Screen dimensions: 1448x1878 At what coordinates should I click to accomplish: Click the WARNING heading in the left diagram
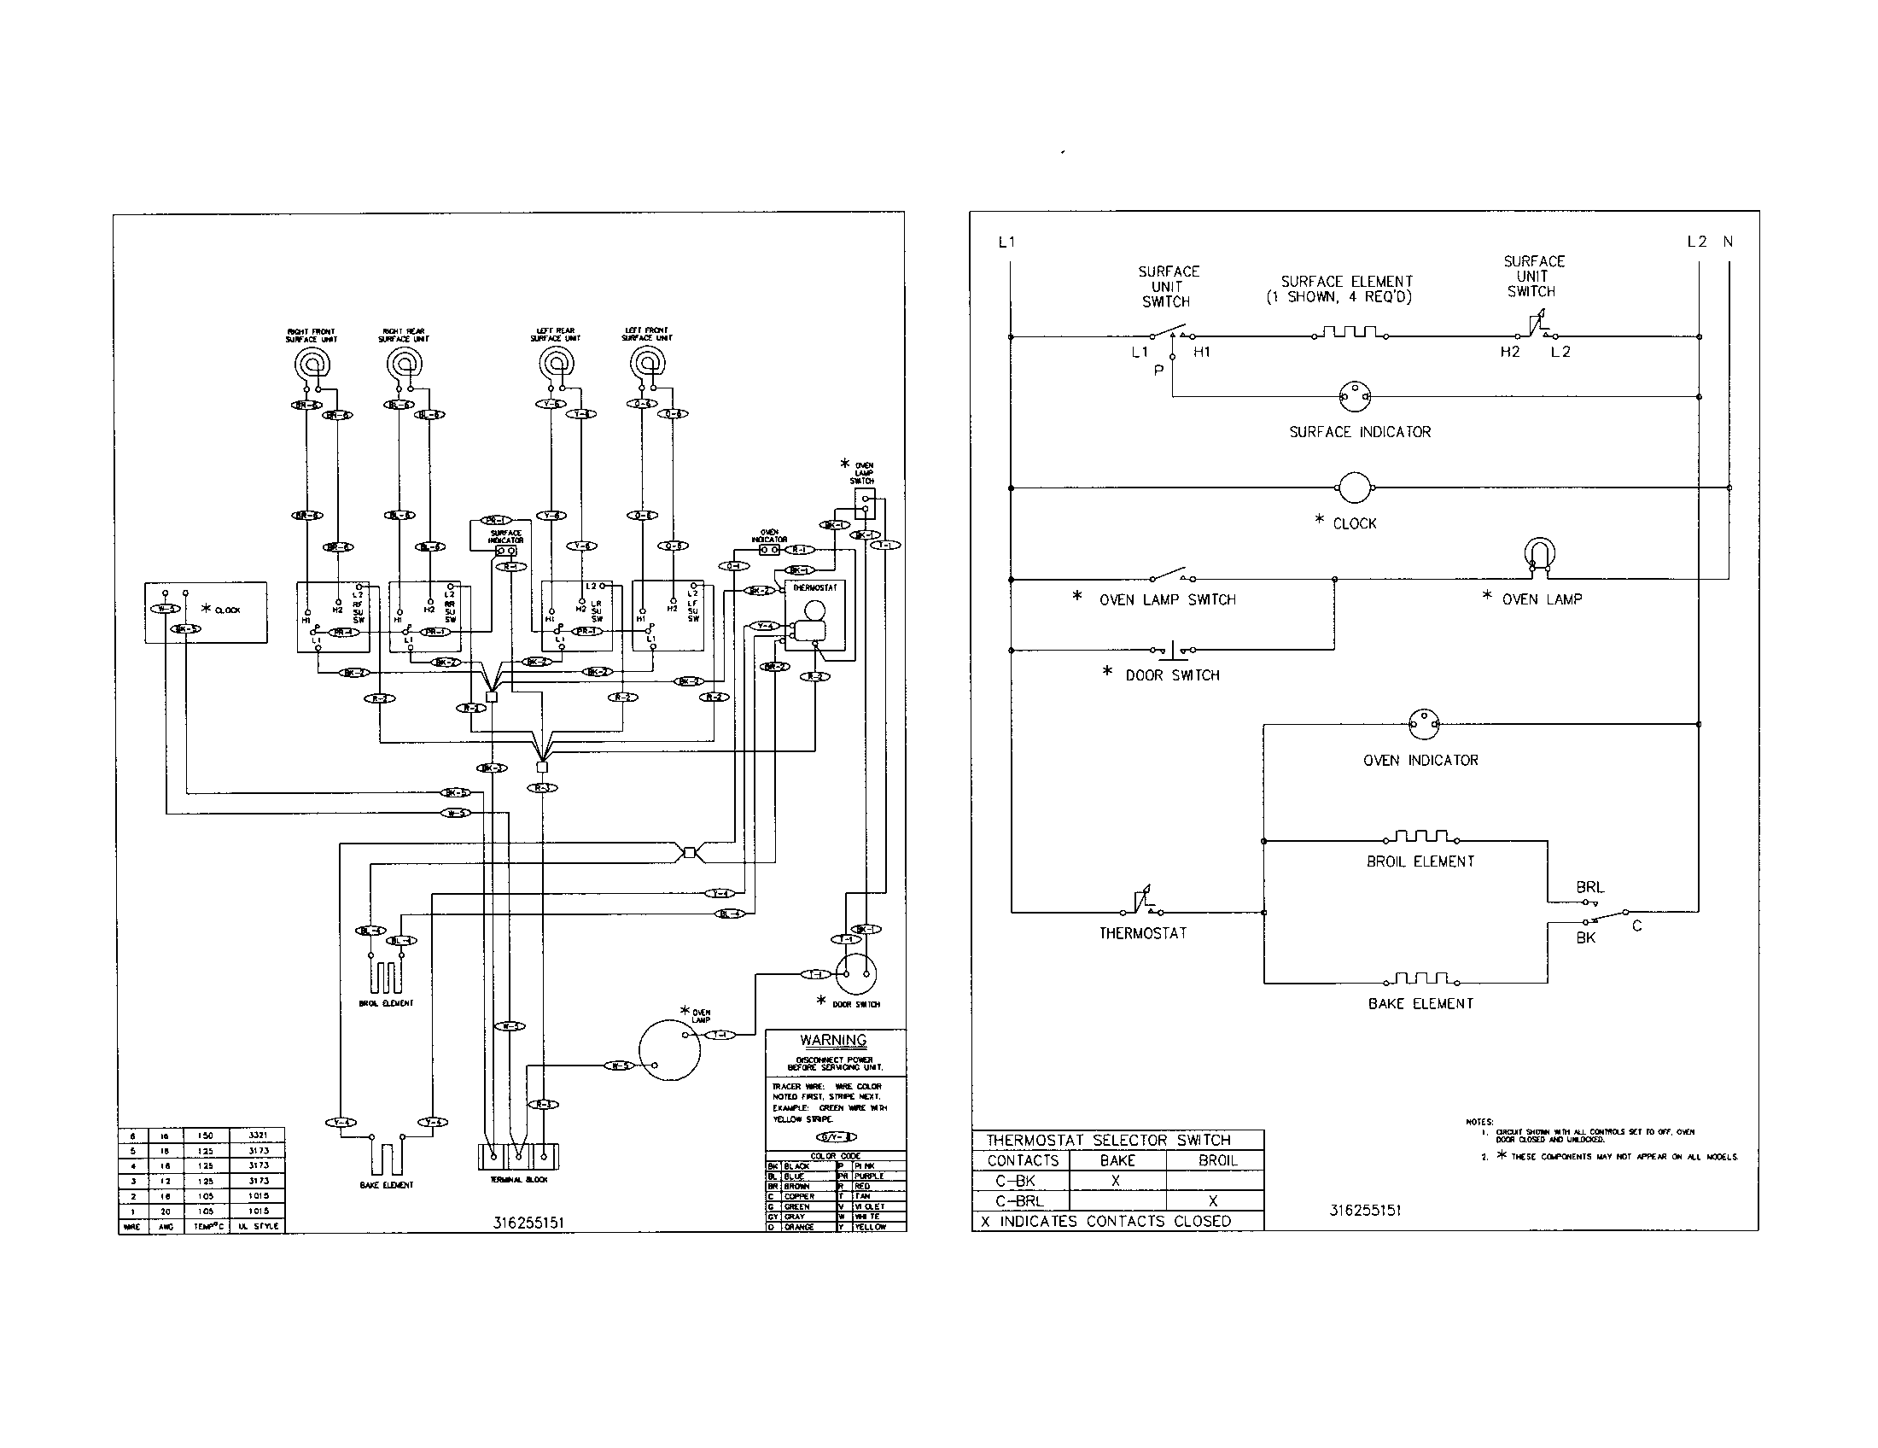click(832, 1041)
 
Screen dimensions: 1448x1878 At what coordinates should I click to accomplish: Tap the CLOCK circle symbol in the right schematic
click(1355, 488)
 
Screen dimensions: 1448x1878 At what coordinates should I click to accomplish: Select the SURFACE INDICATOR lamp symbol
click(1356, 396)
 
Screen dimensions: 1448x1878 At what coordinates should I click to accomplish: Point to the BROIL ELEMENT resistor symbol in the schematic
click(1420, 838)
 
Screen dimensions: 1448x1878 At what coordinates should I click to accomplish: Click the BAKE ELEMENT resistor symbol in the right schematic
click(1420, 979)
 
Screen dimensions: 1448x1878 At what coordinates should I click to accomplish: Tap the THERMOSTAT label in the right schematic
click(1143, 933)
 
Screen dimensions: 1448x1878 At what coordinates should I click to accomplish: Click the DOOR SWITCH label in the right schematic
click(1172, 676)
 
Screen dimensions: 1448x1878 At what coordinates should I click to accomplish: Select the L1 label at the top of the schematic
click(1007, 242)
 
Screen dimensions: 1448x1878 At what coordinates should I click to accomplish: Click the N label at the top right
click(1728, 242)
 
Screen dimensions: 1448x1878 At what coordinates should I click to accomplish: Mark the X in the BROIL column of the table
click(1212, 1201)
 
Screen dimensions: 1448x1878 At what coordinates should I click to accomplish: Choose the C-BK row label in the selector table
click(1016, 1181)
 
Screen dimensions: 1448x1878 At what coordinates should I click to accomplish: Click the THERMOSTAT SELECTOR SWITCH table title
click(1108, 1140)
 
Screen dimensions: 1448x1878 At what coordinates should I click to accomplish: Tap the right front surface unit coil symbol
click(312, 364)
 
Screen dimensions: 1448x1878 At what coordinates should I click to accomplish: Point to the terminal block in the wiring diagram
click(517, 1156)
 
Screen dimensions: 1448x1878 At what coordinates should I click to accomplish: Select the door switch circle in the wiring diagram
click(857, 973)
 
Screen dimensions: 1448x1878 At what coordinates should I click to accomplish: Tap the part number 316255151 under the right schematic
click(1365, 1211)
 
